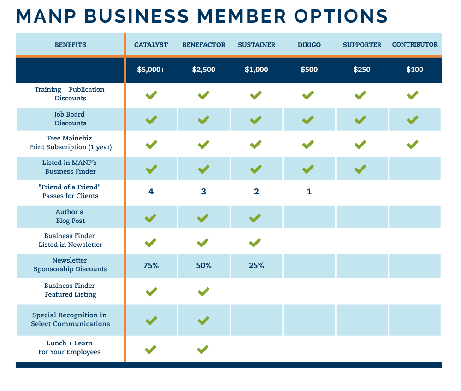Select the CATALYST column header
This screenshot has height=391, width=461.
tap(151, 45)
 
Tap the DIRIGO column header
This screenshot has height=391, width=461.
tap(309, 45)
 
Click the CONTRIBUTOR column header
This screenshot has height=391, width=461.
tap(414, 45)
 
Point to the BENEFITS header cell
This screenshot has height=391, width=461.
tap(70, 45)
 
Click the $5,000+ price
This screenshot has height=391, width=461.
tap(151, 70)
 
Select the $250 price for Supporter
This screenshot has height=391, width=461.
tap(362, 70)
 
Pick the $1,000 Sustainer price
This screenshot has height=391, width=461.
tap(256, 70)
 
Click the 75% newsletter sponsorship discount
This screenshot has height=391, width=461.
tap(151, 265)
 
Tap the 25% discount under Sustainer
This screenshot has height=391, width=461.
tap(256, 265)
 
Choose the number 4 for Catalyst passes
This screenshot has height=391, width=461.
tap(151, 192)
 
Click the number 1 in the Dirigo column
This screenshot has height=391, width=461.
tap(309, 192)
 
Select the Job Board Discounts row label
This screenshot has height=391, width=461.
tap(70, 119)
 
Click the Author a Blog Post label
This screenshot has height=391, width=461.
tap(70, 216)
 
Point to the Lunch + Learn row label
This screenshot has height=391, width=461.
tap(70, 348)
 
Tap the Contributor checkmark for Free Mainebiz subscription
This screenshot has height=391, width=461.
tap(412, 145)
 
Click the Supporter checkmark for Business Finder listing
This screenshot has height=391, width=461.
tap(360, 169)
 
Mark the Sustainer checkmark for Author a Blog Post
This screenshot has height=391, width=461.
tap(255, 218)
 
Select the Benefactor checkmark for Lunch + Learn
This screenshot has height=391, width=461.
tap(203, 349)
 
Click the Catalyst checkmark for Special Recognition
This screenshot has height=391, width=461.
tap(151, 320)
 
